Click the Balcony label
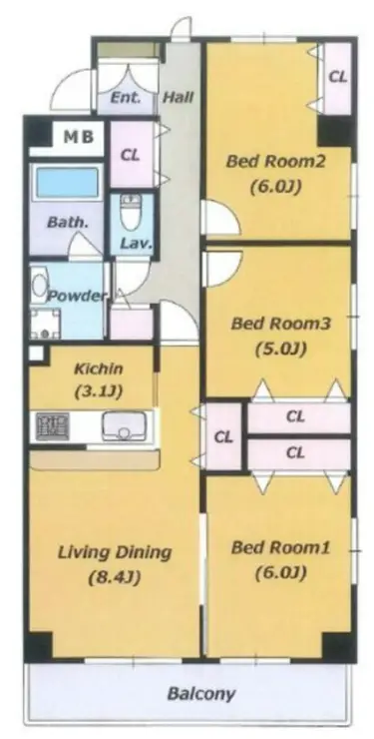click(x=200, y=693)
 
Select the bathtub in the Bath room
click(x=68, y=183)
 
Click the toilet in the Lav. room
click(x=131, y=212)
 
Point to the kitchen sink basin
click(x=125, y=425)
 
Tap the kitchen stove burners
click(x=52, y=426)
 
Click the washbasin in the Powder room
click(x=39, y=284)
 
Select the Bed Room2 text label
click(x=275, y=162)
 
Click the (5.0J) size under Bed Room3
click(x=281, y=349)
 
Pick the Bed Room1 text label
click(x=281, y=547)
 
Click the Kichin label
click(x=99, y=369)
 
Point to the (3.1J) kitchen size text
click(x=99, y=391)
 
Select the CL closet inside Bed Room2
click(x=337, y=77)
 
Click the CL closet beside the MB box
click(x=131, y=155)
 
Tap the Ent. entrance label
click(x=126, y=98)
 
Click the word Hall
click(x=179, y=98)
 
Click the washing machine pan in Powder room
click(x=46, y=324)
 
